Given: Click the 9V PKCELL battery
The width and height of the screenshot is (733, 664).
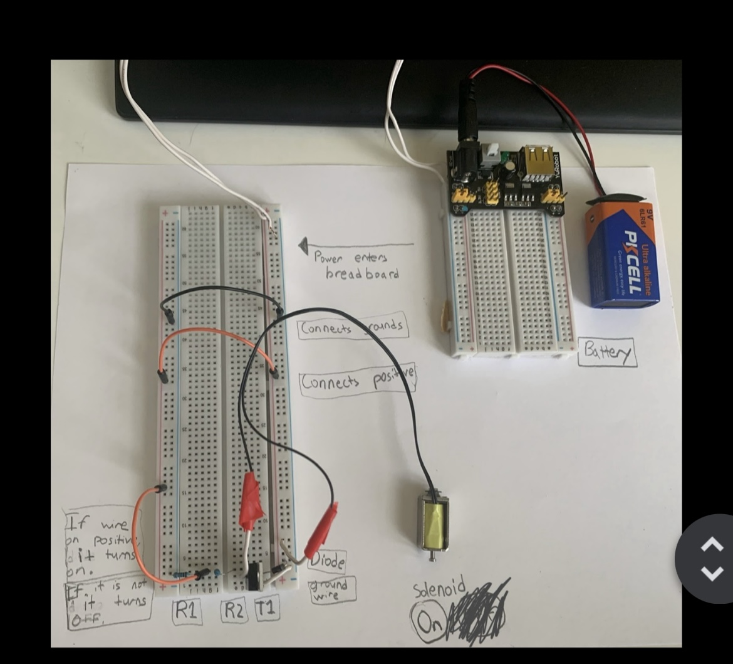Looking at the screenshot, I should (x=622, y=254).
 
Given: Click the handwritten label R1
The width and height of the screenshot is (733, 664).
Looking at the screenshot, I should (x=186, y=610).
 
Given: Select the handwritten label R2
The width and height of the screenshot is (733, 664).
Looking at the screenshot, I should (x=234, y=610).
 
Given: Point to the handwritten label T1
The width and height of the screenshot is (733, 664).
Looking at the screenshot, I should (x=266, y=609).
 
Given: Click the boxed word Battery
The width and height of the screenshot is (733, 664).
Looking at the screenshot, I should (x=606, y=352).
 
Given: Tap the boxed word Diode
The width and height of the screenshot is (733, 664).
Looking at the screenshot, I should (x=328, y=561).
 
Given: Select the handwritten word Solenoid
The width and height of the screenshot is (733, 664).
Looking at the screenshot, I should (x=439, y=588).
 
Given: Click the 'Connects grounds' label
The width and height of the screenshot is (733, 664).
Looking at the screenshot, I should (x=351, y=327).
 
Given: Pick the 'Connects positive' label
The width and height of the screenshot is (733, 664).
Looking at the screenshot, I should (x=357, y=381).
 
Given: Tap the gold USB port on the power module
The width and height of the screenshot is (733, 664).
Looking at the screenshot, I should (x=539, y=157).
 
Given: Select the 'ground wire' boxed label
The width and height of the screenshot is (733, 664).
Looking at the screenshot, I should (x=332, y=589).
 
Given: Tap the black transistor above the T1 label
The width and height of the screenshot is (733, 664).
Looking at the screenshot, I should (x=255, y=576).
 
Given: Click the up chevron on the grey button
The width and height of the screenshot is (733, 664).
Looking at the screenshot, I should (x=711, y=545).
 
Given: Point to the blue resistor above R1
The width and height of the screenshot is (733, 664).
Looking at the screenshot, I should (x=182, y=574).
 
